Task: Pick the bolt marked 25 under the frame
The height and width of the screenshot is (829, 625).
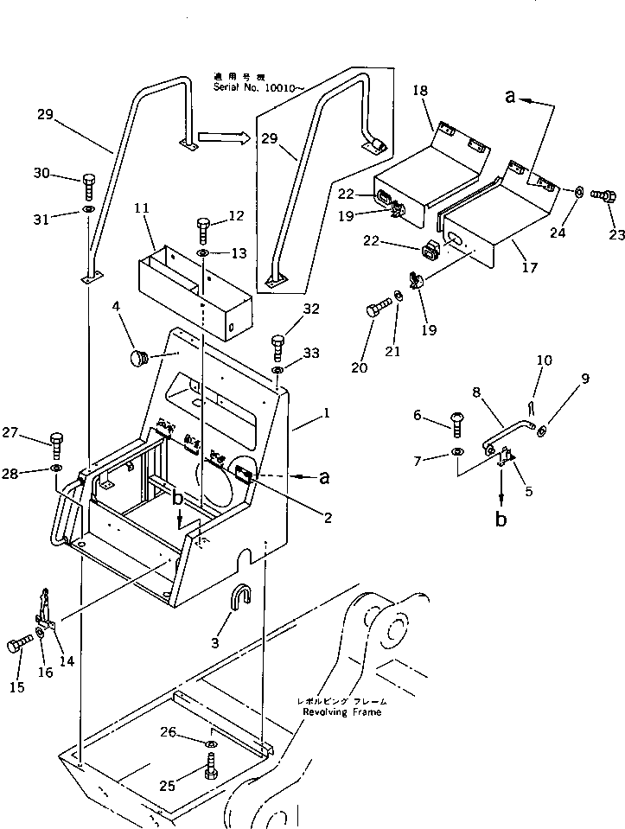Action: click(x=210, y=766)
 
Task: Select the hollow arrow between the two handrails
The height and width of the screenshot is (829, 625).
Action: click(x=223, y=137)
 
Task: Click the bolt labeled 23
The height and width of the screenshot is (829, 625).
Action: click(x=602, y=196)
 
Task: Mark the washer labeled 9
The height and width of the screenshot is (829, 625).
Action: click(x=539, y=430)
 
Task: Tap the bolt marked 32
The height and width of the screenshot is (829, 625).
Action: click(x=278, y=348)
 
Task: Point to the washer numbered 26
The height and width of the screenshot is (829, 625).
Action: click(x=210, y=743)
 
